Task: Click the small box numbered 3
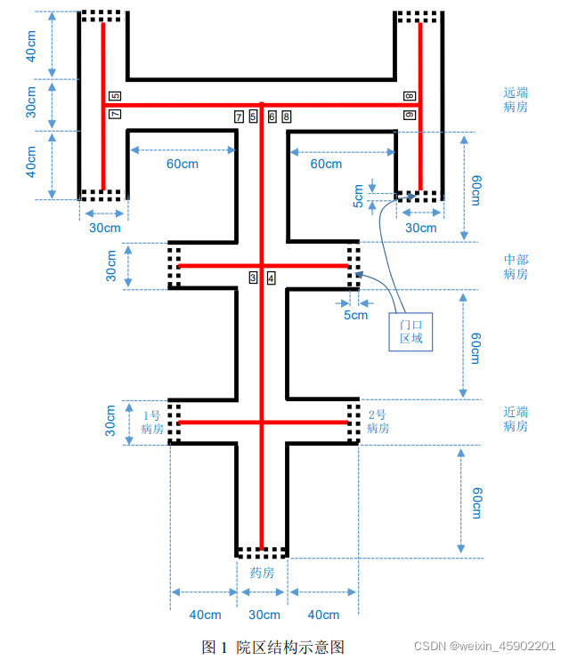coord(253,278)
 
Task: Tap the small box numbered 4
coord(271,278)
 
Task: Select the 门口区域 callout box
coord(410,332)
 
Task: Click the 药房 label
coord(262,573)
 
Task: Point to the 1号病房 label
coord(152,423)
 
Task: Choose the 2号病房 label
coord(378,422)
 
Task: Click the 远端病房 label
coord(516,100)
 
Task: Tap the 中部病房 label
coord(516,267)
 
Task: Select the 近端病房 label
coord(516,419)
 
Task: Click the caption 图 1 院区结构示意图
coord(273,647)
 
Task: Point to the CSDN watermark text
coord(484,646)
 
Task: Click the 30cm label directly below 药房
coord(264,615)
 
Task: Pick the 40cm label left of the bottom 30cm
coord(206,615)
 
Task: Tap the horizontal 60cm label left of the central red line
coord(183,164)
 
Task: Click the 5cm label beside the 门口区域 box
coord(355,315)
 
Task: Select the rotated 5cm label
coord(358,197)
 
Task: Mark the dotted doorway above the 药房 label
coord(262,552)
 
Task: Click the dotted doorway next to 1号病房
coord(175,423)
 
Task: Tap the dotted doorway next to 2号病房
coord(354,423)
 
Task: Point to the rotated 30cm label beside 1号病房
coord(110,421)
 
